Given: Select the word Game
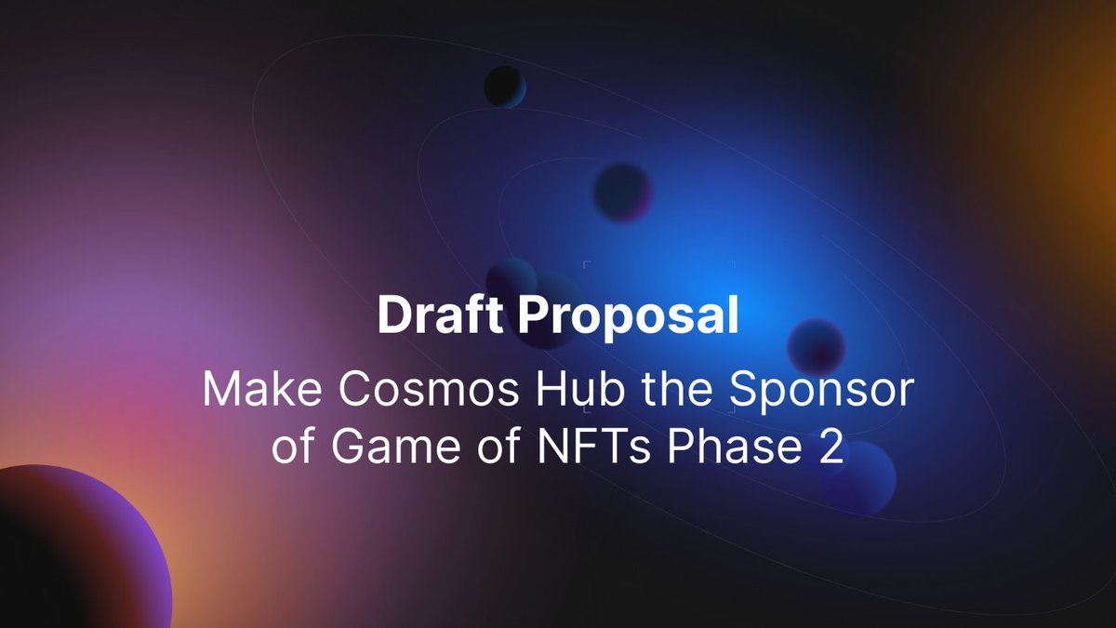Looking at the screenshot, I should (389, 448).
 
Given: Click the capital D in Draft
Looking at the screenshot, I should (393, 317).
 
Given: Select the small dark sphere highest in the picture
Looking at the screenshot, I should (504, 87).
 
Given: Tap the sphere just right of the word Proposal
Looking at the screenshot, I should (816, 347).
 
